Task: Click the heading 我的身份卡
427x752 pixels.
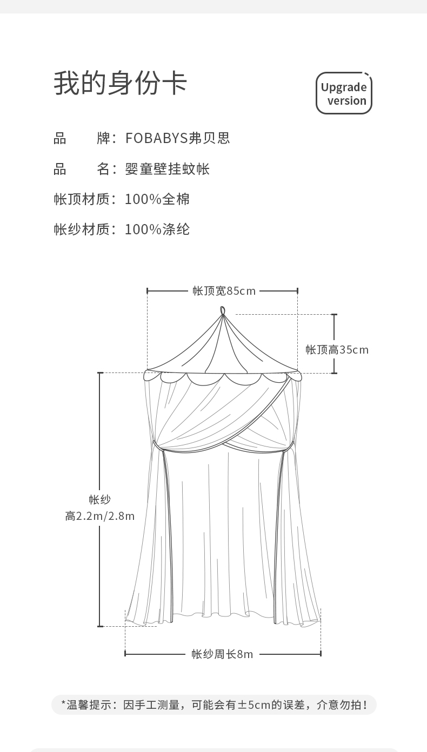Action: coord(120,84)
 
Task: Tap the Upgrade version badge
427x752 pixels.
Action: coord(344,93)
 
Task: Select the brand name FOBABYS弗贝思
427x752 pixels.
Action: coord(177,138)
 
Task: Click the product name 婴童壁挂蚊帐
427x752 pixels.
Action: coord(167,169)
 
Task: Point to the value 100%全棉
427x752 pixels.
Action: coord(157,199)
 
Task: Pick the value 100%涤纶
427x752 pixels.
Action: coord(157,229)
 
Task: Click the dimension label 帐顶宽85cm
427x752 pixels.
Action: coord(224,291)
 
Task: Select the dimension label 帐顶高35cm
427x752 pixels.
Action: coord(337,350)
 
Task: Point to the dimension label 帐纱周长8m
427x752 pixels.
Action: coord(222,654)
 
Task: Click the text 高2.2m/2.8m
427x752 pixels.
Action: coord(100,516)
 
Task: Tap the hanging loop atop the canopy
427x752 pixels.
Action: coord(223,311)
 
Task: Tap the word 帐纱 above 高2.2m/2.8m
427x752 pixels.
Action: coord(100,500)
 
